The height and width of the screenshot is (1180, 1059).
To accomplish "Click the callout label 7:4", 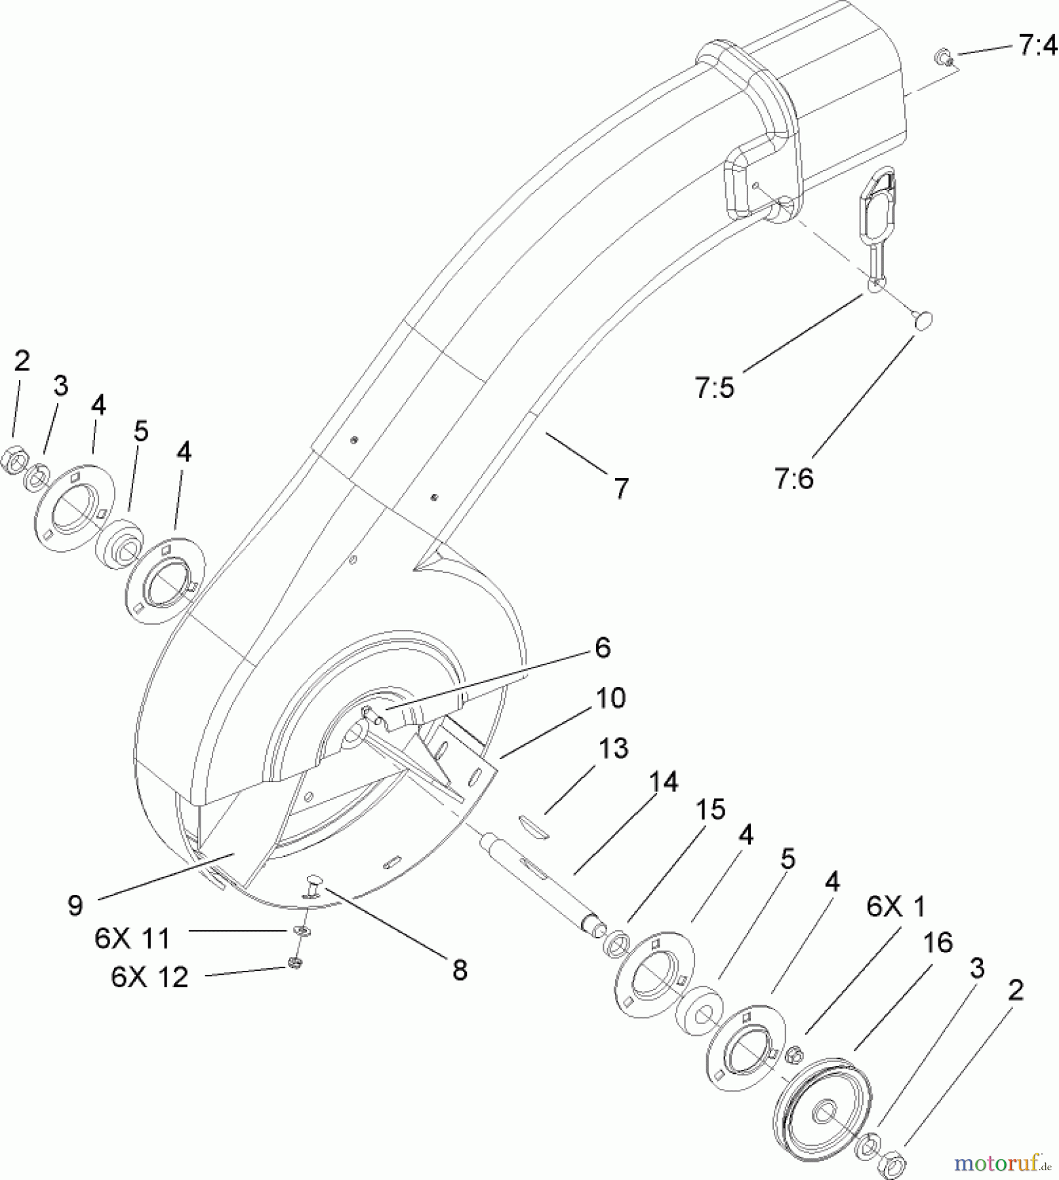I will click(x=1038, y=47).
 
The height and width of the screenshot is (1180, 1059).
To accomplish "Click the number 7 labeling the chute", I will click(x=620, y=488).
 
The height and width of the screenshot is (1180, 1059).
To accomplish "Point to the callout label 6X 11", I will click(x=132, y=938).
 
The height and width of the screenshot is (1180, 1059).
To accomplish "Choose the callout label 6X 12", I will click(x=150, y=977).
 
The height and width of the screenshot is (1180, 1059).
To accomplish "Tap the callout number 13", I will click(x=613, y=748).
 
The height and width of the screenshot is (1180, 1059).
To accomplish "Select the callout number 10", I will click(x=610, y=698).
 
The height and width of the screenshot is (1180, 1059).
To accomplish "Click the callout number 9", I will click(x=75, y=905).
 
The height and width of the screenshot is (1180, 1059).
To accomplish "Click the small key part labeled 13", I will click(x=534, y=825).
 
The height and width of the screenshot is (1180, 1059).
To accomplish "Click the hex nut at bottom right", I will click(x=895, y=1164).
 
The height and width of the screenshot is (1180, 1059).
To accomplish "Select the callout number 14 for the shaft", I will click(x=662, y=782).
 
